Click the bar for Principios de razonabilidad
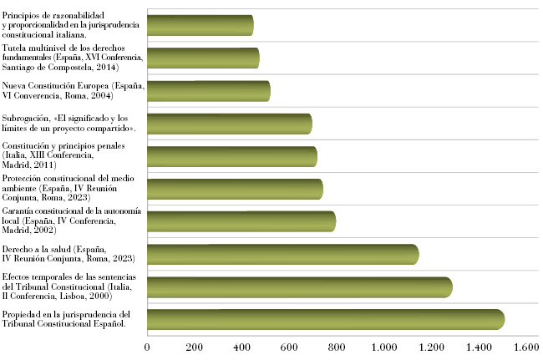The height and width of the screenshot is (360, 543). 200,25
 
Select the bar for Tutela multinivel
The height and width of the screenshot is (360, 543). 203,58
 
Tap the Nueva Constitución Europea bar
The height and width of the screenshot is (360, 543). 209,91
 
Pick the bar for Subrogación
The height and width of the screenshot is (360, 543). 230,124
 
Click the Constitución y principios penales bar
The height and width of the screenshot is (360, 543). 232,156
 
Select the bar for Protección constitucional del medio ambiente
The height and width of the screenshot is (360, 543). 235,190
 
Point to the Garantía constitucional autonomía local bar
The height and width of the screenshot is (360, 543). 241,221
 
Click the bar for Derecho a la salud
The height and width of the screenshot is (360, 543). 283,255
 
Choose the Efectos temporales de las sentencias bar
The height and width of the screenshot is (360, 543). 300,287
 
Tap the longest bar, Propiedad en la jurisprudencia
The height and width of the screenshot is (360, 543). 326,320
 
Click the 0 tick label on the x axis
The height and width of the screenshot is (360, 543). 147,347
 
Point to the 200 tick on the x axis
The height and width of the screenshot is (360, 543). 195,347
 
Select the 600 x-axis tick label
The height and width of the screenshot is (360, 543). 289,347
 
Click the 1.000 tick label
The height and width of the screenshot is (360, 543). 384,347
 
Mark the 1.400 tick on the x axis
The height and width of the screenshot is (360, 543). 479,347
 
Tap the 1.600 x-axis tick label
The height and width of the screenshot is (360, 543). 526,347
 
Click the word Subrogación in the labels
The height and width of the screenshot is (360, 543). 26,119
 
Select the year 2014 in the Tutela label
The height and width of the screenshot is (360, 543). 106,67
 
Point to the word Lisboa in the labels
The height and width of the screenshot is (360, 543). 73,297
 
